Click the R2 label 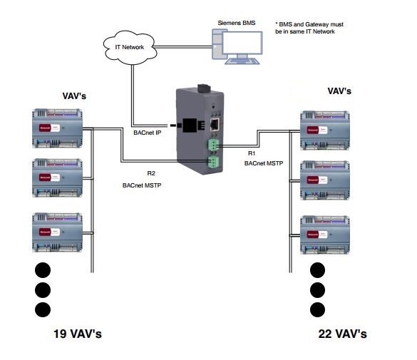tap(151, 174)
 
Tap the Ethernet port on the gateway tap(214, 124)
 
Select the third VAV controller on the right tap(326, 234)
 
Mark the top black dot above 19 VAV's tap(43, 270)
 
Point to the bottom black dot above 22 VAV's tap(317, 309)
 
